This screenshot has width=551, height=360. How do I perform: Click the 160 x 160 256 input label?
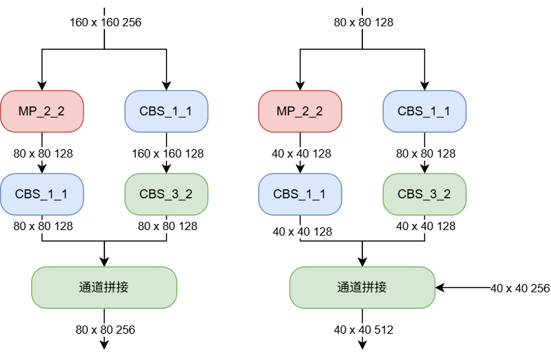coord(105,23)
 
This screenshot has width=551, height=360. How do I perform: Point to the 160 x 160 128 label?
coord(167,153)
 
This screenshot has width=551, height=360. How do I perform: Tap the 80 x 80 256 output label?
coord(105,330)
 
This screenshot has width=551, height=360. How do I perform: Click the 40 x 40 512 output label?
coord(364,330)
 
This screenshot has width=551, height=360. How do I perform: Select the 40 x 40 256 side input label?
coord(520,288)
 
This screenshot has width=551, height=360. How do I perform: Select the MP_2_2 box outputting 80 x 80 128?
coord(41,111)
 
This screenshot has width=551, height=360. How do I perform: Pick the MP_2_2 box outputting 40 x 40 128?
coord(300,111)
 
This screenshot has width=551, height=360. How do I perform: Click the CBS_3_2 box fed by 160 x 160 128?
coord(166,194)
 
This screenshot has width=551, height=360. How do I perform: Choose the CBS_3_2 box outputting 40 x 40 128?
coord(424,194)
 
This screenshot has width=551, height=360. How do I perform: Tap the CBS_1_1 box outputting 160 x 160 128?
coord(166,111)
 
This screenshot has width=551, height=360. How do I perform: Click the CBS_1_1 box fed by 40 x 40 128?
coord(300,194)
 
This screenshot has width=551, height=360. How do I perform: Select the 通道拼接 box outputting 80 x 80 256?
coord(104,287)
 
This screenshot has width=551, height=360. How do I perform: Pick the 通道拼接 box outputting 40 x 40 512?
coord(362,287)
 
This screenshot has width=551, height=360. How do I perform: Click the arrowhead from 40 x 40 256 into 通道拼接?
coord(440,287)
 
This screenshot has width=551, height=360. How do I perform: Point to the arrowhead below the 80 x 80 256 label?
coord(104,345)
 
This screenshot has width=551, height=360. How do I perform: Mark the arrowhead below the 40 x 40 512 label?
coord(362,345)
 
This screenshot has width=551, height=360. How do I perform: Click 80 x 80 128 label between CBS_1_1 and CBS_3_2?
coord(426,153)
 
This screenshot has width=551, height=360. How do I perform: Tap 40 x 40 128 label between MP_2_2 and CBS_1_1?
coord(301,153)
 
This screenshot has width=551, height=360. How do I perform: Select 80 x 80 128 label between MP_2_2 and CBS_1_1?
coord(43,153)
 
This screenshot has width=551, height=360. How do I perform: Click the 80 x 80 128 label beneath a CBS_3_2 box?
coord(167,226)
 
